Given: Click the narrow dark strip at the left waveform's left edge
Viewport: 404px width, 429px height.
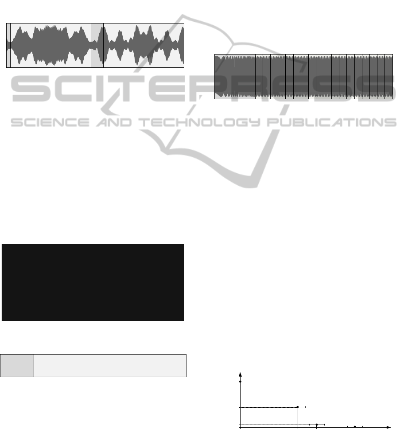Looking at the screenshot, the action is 8,45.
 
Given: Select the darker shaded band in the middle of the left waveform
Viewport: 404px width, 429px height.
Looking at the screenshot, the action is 97,45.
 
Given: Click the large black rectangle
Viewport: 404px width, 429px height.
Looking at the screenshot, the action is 93,282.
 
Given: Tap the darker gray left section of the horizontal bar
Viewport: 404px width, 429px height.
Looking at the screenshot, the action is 17,366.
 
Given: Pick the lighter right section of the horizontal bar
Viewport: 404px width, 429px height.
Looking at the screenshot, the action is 110,366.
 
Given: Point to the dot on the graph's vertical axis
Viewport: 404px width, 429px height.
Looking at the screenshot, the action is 240,382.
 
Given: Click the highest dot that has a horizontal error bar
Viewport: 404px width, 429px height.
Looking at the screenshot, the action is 298,407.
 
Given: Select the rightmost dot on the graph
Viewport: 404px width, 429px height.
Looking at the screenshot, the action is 355,426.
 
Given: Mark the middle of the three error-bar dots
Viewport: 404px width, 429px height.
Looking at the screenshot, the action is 317,425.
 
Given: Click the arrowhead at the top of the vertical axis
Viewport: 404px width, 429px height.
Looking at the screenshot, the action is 240,374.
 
